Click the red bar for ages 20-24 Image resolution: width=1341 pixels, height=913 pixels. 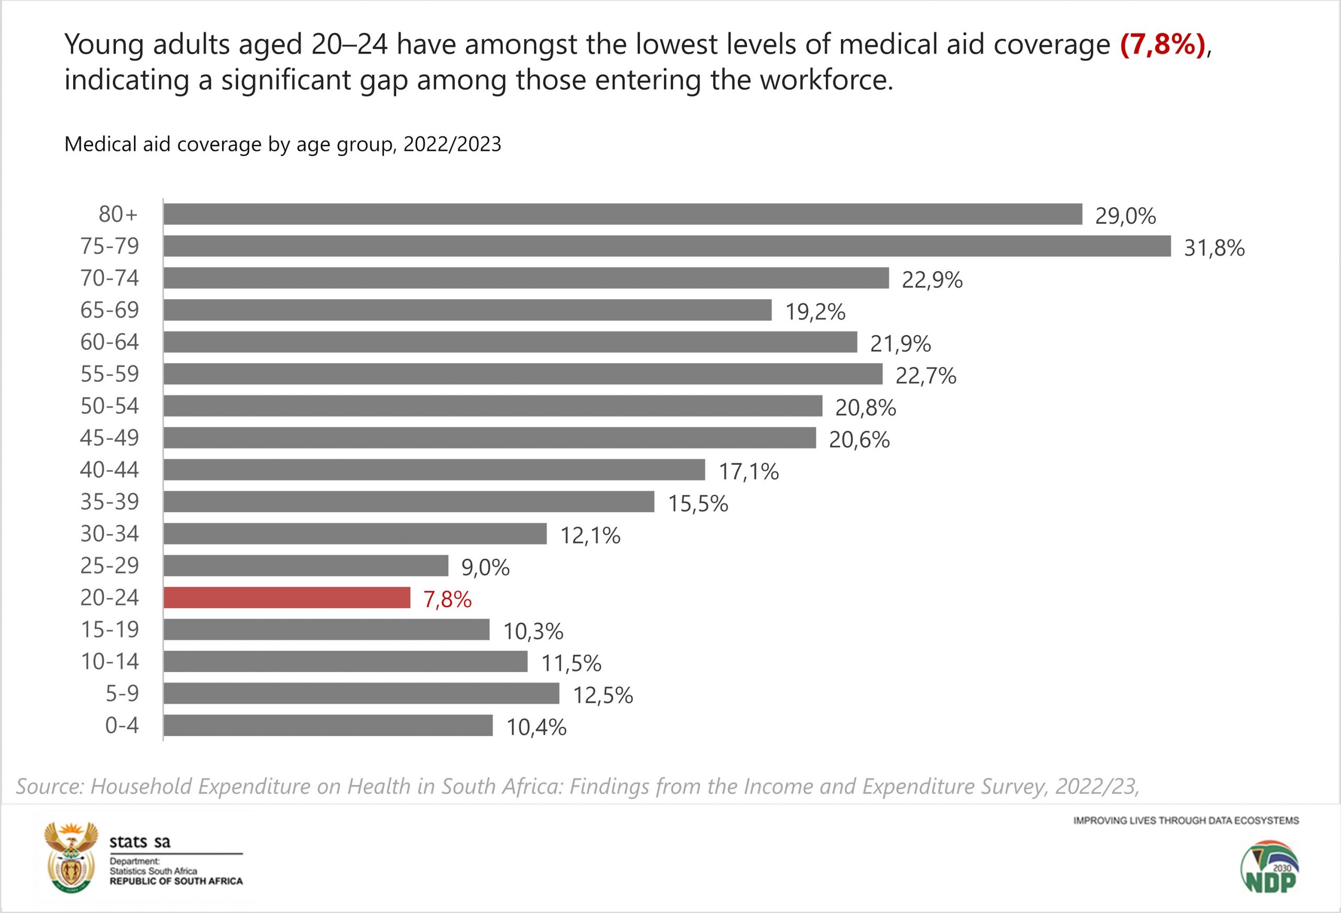(x=287, y=597)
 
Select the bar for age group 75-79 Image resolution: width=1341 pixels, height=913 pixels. (x=666, y=246)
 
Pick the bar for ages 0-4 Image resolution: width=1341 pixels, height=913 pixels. (x=328, y=725)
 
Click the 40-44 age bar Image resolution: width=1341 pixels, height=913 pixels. (x=434, y=470)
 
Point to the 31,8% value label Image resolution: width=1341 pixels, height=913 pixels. (x=1214, y=248)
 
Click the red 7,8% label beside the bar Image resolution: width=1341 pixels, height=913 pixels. (x=447, y=600)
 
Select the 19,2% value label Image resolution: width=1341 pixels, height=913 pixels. (x=815, y=312)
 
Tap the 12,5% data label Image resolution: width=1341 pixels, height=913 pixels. (x=602, y=696)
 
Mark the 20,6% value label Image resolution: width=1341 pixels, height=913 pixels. (x=859, y=440)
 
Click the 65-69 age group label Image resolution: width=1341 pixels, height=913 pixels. (x=109, y=310)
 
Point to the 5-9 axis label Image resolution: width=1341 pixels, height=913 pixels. (x=122, y=693)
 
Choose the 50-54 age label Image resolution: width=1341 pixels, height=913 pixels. (x=109, y=406)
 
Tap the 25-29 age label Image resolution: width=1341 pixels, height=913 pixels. (x=109, y=566)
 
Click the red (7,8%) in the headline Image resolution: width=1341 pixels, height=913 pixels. (x=1163, y=45)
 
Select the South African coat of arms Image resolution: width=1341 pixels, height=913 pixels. (x=71, y=857)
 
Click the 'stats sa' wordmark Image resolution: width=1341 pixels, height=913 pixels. (x=140, y=842)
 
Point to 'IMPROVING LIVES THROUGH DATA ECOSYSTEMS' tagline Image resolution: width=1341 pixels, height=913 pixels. (x=1186, y=820)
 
